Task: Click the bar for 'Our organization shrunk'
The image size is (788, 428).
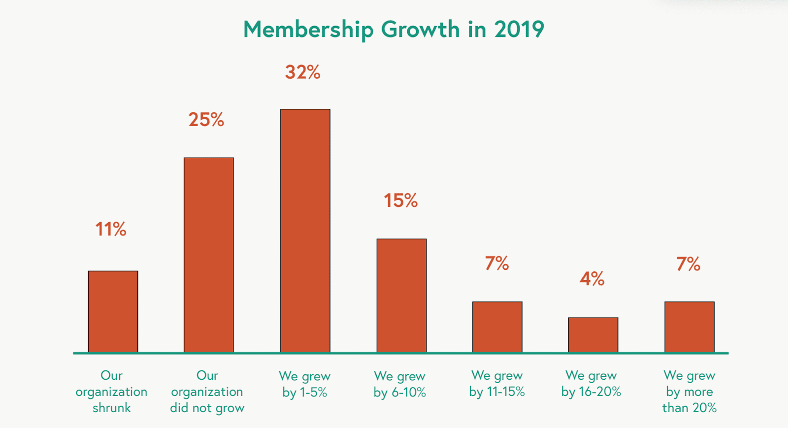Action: pos(113,311)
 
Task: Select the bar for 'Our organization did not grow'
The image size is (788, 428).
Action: pos(209,255)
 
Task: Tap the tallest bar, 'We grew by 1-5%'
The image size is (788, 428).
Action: pos(305,230)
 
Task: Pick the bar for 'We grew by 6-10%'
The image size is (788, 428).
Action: pos(401,296)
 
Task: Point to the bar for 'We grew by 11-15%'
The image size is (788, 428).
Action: pos(497,327)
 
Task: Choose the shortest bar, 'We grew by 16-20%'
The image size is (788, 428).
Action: pos(593,334)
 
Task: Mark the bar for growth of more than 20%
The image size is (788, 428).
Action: pos(689,327)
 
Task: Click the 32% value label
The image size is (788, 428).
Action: pos(302,72)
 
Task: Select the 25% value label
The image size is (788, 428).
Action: pos(206,120)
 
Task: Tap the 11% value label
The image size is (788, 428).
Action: pos(110,230)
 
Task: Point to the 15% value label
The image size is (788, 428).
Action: pos(400,201)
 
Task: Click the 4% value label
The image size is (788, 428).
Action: pos(591,279)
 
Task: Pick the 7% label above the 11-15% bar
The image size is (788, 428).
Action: pos(496,263)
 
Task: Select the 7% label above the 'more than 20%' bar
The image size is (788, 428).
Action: pos(688,264)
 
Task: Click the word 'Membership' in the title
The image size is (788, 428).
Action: pos(308,30)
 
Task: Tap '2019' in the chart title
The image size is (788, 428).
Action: pos(519,30)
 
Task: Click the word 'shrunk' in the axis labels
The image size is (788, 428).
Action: pos(112,408)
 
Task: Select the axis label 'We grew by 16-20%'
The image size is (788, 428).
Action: pos(591,384)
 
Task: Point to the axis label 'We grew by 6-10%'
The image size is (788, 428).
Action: pos(399,384)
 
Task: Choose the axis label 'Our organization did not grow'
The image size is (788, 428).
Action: pos(207,392)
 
